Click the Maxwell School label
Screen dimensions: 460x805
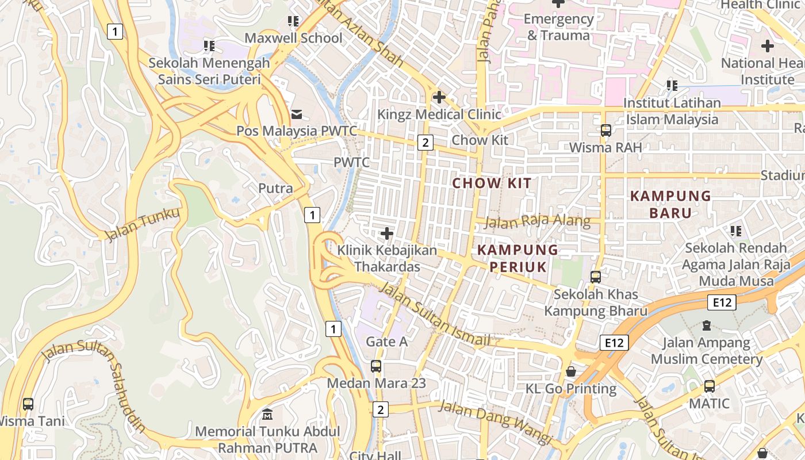click(293, 38)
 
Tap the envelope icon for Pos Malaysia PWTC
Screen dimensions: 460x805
click(297, 114)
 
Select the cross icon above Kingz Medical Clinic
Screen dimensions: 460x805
click(439, 97)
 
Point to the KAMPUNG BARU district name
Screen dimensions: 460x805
click(670, 204)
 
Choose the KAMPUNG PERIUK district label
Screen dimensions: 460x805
click(517, 258)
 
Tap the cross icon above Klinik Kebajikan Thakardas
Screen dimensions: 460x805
click(387, 233)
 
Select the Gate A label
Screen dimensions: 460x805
click(386, 342)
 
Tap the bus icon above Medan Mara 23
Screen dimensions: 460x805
click(376, 366)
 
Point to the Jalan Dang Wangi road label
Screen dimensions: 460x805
click(496, 423)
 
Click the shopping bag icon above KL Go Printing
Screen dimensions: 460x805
click(571, 371)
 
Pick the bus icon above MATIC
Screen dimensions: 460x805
click(710, 386)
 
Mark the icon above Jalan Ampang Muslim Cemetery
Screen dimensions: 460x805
click(707, 325)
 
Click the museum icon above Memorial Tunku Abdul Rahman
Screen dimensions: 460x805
click(267, 414)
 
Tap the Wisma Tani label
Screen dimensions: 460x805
click(30, 421)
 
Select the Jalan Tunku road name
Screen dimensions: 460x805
click(142, 224)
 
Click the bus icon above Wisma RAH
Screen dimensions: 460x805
click(605, 131)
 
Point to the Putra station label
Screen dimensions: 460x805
click(275, 188)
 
